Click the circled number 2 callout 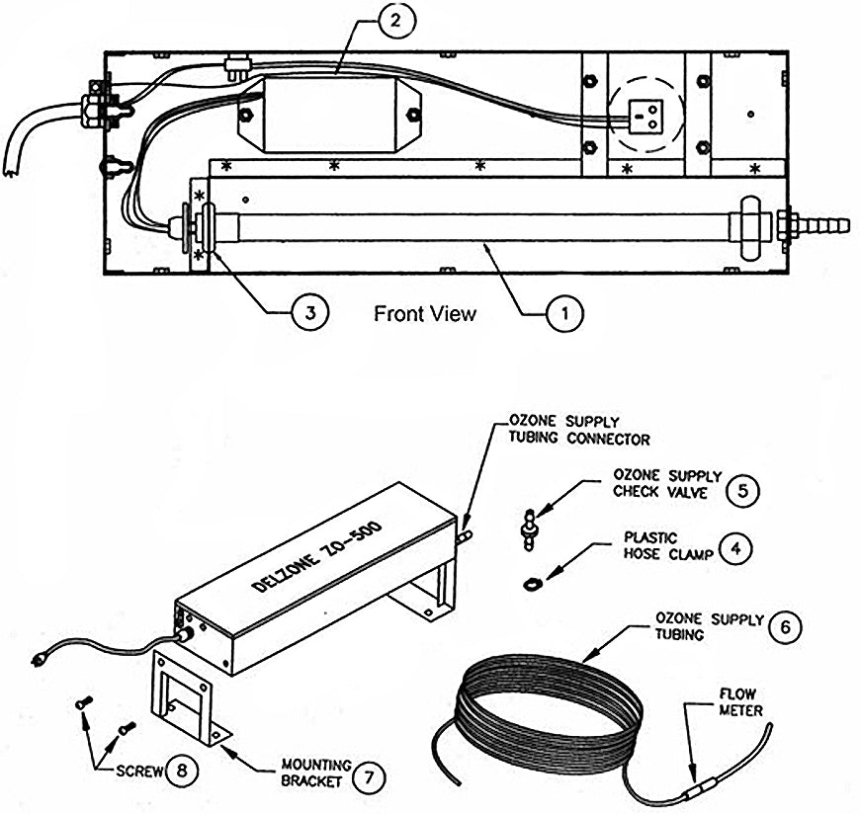396,21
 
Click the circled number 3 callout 309,312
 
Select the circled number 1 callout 564,313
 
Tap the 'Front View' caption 425,313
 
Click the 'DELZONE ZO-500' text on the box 317,556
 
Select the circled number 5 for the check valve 742,490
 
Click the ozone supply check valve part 529,529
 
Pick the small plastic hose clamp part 531,585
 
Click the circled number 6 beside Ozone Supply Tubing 785,626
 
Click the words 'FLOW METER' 740,702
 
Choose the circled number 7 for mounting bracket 369,776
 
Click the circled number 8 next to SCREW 181,770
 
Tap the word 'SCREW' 139,772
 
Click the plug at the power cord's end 38,660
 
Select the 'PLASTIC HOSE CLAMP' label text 668,546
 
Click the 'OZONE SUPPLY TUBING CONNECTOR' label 579,431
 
